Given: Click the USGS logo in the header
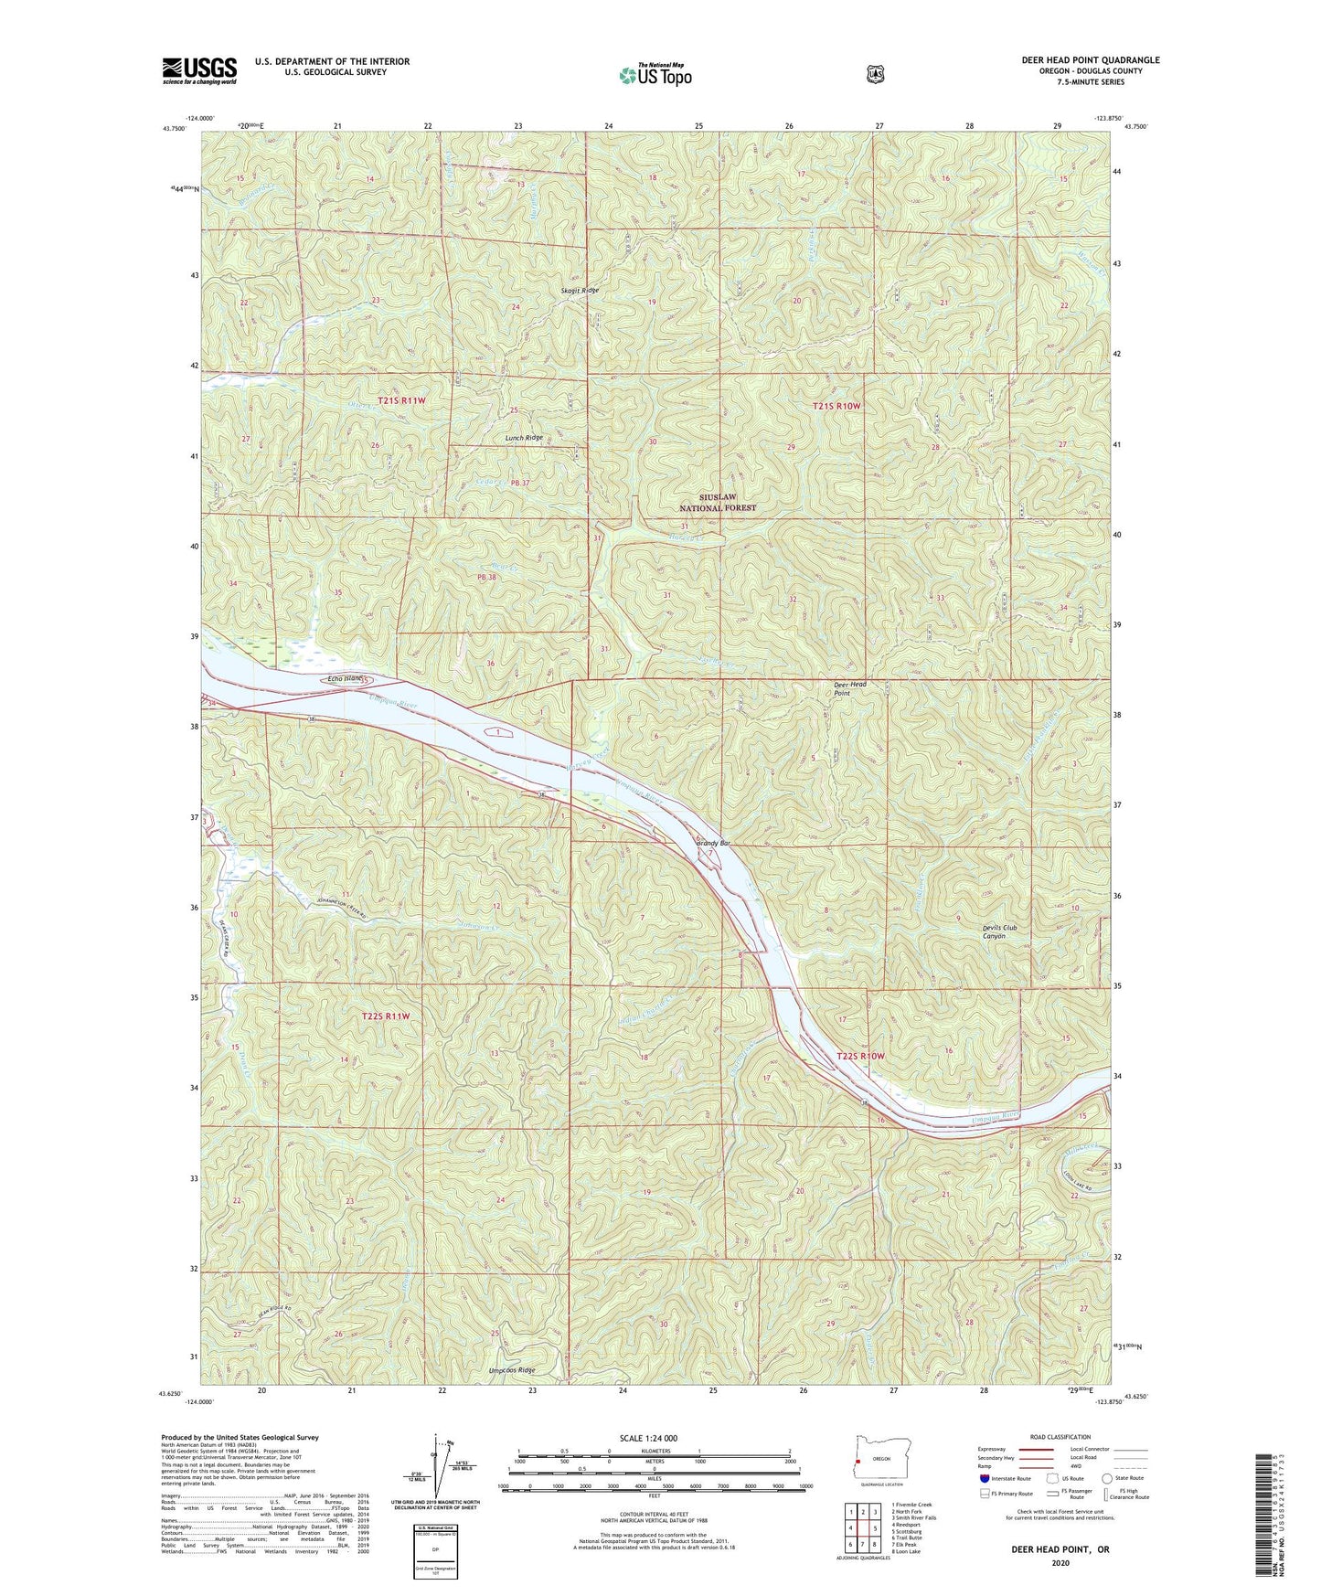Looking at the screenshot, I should click(199, 70).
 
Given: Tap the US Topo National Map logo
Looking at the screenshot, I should click(653, 74).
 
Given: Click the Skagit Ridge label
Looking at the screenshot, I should click(581, 290).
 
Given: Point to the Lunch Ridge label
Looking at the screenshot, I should click(524, 438).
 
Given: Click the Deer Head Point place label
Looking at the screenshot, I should click(848, 688).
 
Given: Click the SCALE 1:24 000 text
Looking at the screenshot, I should click(648, 1439).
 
